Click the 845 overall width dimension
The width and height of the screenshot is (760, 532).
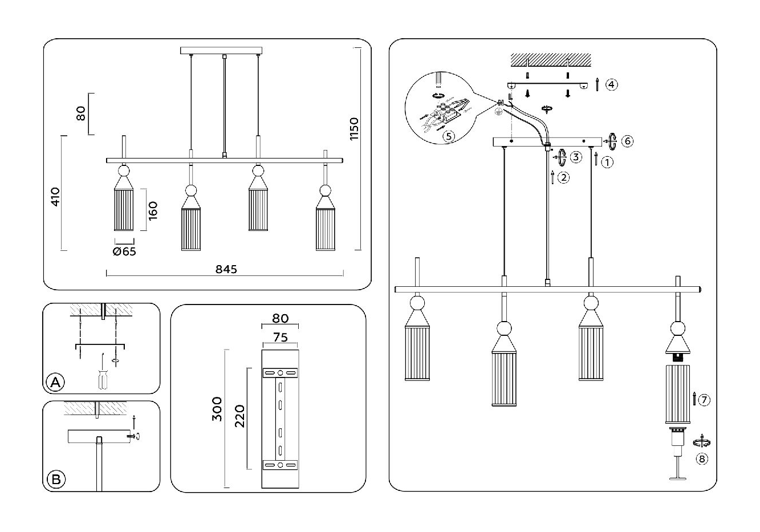[226, 269]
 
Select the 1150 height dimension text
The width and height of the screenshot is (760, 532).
[354, 129]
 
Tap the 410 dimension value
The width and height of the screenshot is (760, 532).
[55, 197]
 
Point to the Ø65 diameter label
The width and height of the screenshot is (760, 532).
[124, 251]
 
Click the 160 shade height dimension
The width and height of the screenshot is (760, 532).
[152, 210]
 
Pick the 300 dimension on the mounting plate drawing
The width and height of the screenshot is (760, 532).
[217, 408]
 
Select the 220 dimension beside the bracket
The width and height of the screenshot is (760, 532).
[239, 416]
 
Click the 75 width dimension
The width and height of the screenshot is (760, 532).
[281, 338]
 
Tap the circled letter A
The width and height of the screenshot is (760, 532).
[55, 382]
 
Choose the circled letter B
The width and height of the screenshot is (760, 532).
[56, 479]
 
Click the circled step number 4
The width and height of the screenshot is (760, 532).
[611, 85]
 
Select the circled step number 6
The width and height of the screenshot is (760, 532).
[627, 141]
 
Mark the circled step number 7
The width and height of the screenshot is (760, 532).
[704, 400]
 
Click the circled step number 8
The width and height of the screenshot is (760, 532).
[702, 459]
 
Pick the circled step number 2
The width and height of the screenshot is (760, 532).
[563, 177]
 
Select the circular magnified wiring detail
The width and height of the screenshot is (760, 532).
[439, 106]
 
